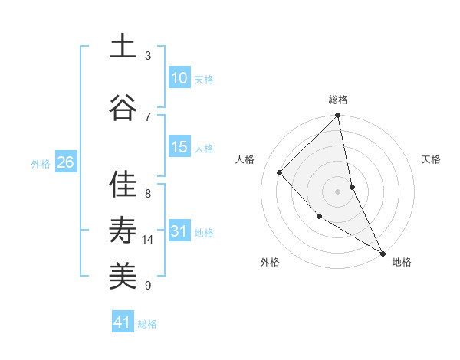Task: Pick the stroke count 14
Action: (x=148, y=240)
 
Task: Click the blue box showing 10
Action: (x=179, y=78)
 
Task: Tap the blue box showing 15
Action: (x=179, y=147)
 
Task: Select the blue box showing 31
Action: (x=179, y=231)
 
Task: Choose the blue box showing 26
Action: (x=65, y=162)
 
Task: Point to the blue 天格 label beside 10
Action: (x=204, y=80)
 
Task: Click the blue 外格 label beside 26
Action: (x=41, y=164)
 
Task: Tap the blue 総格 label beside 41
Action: (x=147, y=324)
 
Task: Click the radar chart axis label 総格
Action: (x=338, y=100)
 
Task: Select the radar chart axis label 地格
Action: (x=402, y=262)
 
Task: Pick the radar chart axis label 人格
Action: (x=245, y=159)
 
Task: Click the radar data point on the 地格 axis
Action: (x=382, y=252)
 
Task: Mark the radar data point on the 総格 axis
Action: (x=338, y=116)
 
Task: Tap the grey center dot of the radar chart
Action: (x=338, y=191)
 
